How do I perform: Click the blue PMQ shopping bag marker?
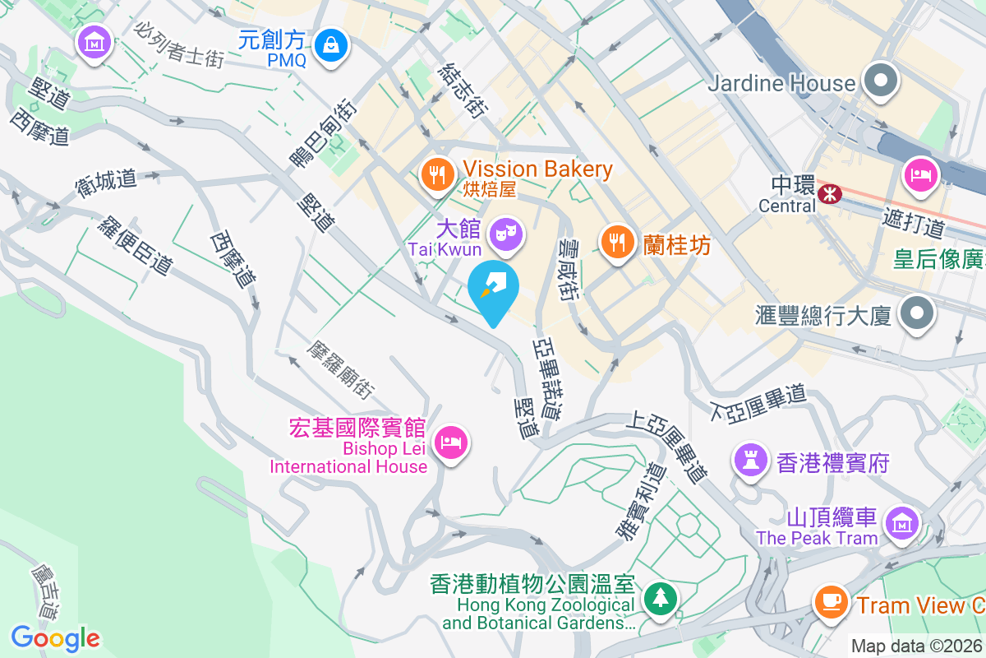334,44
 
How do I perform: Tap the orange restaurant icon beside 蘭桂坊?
616,242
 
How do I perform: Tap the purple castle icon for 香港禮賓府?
751,460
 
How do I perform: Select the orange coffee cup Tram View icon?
831,601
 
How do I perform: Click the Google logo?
55,638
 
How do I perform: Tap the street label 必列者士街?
181,44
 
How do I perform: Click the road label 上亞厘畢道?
666,447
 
